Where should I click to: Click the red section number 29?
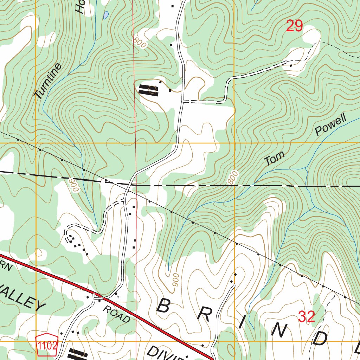[x=294, y=26]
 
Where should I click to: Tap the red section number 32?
[x=306, y=317]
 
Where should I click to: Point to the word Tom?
[x=274, y=159]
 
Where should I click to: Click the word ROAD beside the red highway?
[x=117, y=314]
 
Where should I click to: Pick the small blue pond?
[x=105, y=15]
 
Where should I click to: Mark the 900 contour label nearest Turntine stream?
[x=74, y=184]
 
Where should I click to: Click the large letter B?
[x=163, y=306]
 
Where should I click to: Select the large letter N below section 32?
[x=279, y=330]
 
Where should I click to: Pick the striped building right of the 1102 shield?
[x=78, y=354]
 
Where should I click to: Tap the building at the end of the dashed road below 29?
[x=291, y=65]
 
